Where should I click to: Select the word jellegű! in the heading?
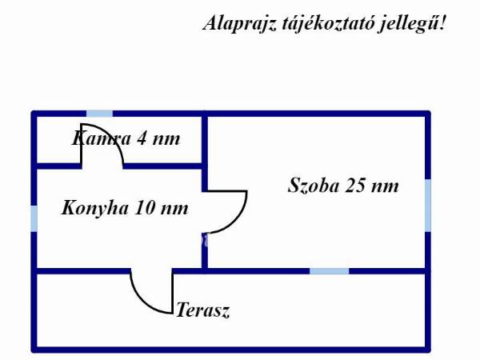[411, 24]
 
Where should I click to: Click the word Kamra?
[102, 138]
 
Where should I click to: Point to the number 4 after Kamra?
[142, 138]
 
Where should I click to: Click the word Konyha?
[95, 208]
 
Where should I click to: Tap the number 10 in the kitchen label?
[144, 208]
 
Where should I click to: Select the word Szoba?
[314, 186]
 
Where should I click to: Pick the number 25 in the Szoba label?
[355, 186]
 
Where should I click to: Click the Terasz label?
[203, 310]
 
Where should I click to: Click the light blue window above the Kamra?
[99, 114]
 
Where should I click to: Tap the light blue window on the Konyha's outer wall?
[34, 218]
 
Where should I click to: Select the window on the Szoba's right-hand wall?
[428, 206]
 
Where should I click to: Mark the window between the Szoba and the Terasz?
[330, 271]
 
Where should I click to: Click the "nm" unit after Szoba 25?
[385, 186]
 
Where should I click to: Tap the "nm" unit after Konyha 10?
[174, 210]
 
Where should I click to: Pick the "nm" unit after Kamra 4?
[166, 140]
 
